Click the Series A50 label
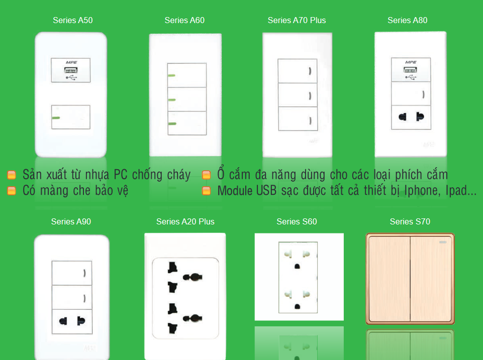73,20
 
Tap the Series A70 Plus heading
297,20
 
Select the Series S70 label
410,221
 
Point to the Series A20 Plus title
185,221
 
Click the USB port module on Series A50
71,70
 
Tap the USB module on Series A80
411,69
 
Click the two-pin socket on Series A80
411,117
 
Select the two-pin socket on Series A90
72,321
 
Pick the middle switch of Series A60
187,99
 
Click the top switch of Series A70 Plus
298,71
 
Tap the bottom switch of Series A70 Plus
298,119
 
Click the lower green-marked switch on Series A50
71,117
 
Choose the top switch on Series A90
72,273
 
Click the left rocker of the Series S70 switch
390,279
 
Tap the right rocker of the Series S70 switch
431,279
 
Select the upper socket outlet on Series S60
298,260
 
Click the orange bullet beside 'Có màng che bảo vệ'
12,191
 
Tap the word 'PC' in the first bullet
121,175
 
